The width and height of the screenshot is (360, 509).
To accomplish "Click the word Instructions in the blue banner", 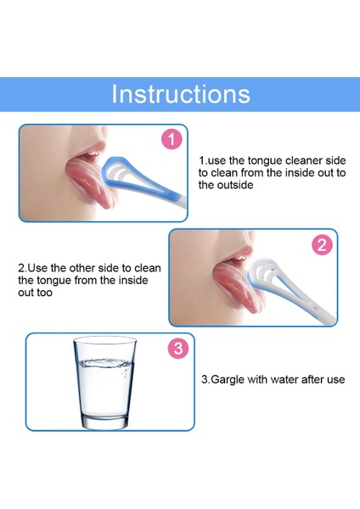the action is click(x=181, y=94).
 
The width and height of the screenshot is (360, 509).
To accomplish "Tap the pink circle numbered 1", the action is click(x=172, y=139).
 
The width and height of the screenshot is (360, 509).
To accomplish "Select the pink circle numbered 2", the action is click(x=322, y=245).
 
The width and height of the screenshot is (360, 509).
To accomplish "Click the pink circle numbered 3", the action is click(x=178, y=349).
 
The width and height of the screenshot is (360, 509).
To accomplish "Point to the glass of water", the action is click(x=104, y=383).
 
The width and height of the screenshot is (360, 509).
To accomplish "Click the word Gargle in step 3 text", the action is click(x=228, y=379).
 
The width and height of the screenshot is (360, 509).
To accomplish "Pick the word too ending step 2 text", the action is click(x=44, y=293).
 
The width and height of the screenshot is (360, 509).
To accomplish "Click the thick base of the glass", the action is click(x=104, y=421).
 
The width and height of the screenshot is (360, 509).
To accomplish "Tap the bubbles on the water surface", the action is click(x=104, y=362).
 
